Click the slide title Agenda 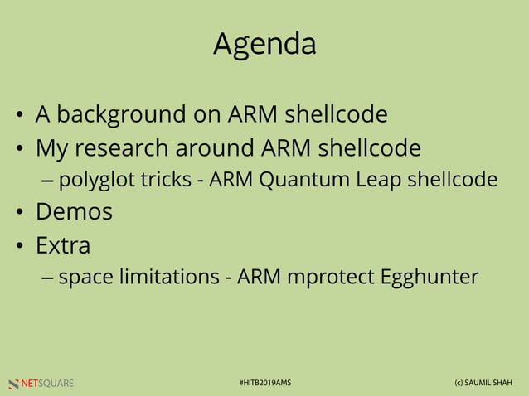[264, 44]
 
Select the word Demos [74, 211]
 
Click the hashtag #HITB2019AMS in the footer [264, 383]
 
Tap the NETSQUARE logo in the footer [41, 383]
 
